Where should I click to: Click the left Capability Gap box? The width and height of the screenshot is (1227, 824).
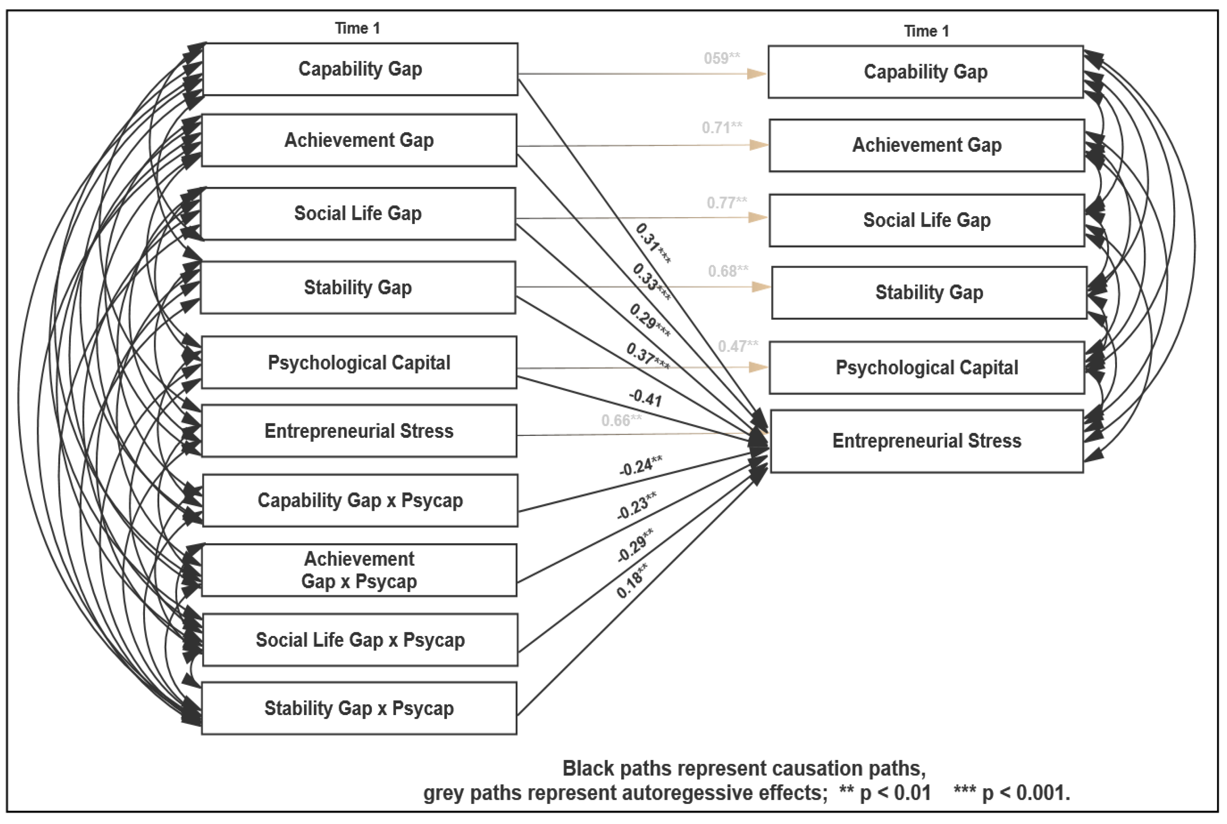coord(360,69)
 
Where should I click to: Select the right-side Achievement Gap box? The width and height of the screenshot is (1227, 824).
coord(926,146)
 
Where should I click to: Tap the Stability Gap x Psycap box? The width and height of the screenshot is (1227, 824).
coord(359,708)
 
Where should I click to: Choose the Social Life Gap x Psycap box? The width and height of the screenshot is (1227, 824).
coord(360,640)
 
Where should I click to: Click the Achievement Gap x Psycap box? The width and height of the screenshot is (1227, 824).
coord(359,570)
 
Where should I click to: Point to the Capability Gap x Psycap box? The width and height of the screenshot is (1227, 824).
coord(360,501)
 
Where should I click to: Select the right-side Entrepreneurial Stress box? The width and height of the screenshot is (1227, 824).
coord(926,441)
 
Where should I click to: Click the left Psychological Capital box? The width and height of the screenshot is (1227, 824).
coord(359,363)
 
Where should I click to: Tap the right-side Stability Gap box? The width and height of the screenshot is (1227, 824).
coord(929,293)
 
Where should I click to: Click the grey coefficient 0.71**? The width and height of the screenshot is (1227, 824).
coord(722,128)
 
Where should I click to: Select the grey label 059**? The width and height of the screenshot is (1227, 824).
coord(722,59)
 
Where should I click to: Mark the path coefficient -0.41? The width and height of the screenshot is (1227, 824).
coord(645,398)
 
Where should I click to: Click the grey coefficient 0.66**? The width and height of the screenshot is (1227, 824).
coord(621,420)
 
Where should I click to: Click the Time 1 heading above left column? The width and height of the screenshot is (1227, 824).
coord(357,28)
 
